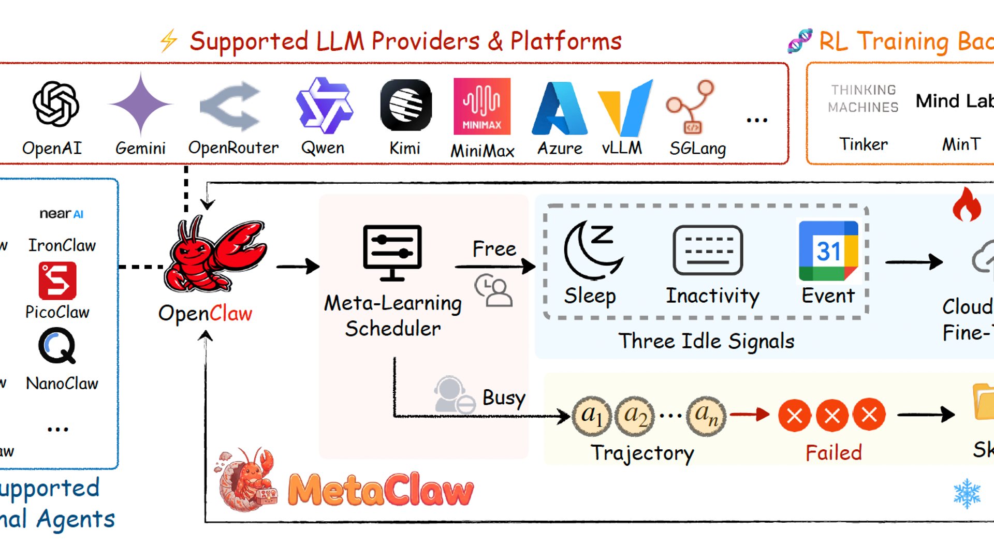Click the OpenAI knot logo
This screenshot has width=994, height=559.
pyautogui.click(x=55, y=104)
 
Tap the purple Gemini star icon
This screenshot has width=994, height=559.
pyautogui.click(x=140, y=104)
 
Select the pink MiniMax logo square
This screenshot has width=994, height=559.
pyautogui.click(x=481, y=106)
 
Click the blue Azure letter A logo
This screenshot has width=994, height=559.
pyautogui.click(x=560, y=108)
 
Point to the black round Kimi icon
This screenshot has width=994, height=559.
pyautogui.click(x=406, y=105)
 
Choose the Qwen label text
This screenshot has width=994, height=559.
pyautogui.click(x=323, y=148)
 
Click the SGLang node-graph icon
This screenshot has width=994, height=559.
pyautogui.click(x=691, y=107)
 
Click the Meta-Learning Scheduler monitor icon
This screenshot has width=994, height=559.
pyautogui.click(x=392, y=253)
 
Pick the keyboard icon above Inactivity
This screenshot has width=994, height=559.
pyautogui.click(x=708, y=251)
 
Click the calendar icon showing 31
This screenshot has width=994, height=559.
pyautogui.click(x=828, y=251)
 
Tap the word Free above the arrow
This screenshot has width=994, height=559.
pyautogui.click(x=494, y=249)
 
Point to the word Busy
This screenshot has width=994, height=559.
pyautogui.click(x=504, y=398)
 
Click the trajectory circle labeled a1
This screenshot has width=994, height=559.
pyautogui.click(x=592, y=415)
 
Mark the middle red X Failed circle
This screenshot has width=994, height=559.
pyautogui.click(x=832, y=415)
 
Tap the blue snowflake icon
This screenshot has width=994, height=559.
pyautogui.click(x=967, y=493)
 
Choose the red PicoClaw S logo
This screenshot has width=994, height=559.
pyautogui.click(x=57, y=281)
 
